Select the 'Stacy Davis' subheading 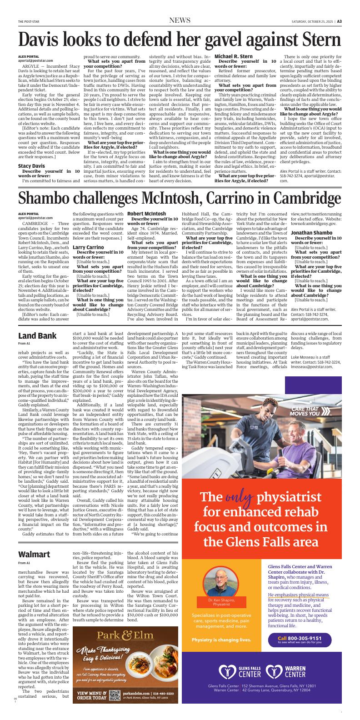point(31,166)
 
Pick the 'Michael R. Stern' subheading point(234,56)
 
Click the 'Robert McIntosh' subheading point(146,214)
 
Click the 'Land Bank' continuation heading point(37,336)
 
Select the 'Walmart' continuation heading point(34,555)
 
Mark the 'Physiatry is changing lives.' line point(221,640)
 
